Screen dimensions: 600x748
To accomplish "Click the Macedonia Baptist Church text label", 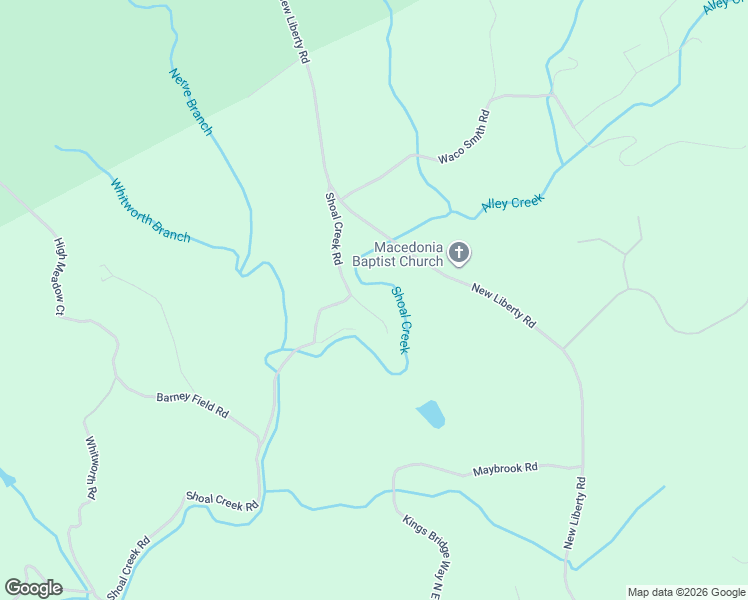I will pos(408,255).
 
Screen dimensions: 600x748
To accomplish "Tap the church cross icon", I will pos(459,252).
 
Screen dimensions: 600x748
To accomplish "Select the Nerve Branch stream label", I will pos(191,101).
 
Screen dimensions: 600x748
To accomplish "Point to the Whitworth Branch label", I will pos(150,211).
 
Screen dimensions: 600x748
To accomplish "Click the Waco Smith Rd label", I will pos(464,136).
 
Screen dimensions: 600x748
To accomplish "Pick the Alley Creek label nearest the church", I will pos(512,203).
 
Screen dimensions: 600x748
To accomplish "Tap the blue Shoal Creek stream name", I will pos(400,320).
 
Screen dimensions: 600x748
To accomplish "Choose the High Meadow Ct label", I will pos(60,277).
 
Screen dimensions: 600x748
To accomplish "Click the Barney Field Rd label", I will pos(193,405).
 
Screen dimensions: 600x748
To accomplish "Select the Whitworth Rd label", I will pos(91,467).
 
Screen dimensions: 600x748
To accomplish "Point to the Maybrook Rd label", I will pos(505,468).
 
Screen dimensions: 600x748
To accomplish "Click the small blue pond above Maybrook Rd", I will pos(431,413).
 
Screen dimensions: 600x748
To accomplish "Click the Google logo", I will pos(33,588).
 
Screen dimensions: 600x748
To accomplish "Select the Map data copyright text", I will pos(686,592).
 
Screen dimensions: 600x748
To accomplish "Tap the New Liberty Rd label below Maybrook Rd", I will pos(575,513).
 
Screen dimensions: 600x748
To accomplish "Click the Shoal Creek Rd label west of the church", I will pos(333,229).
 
